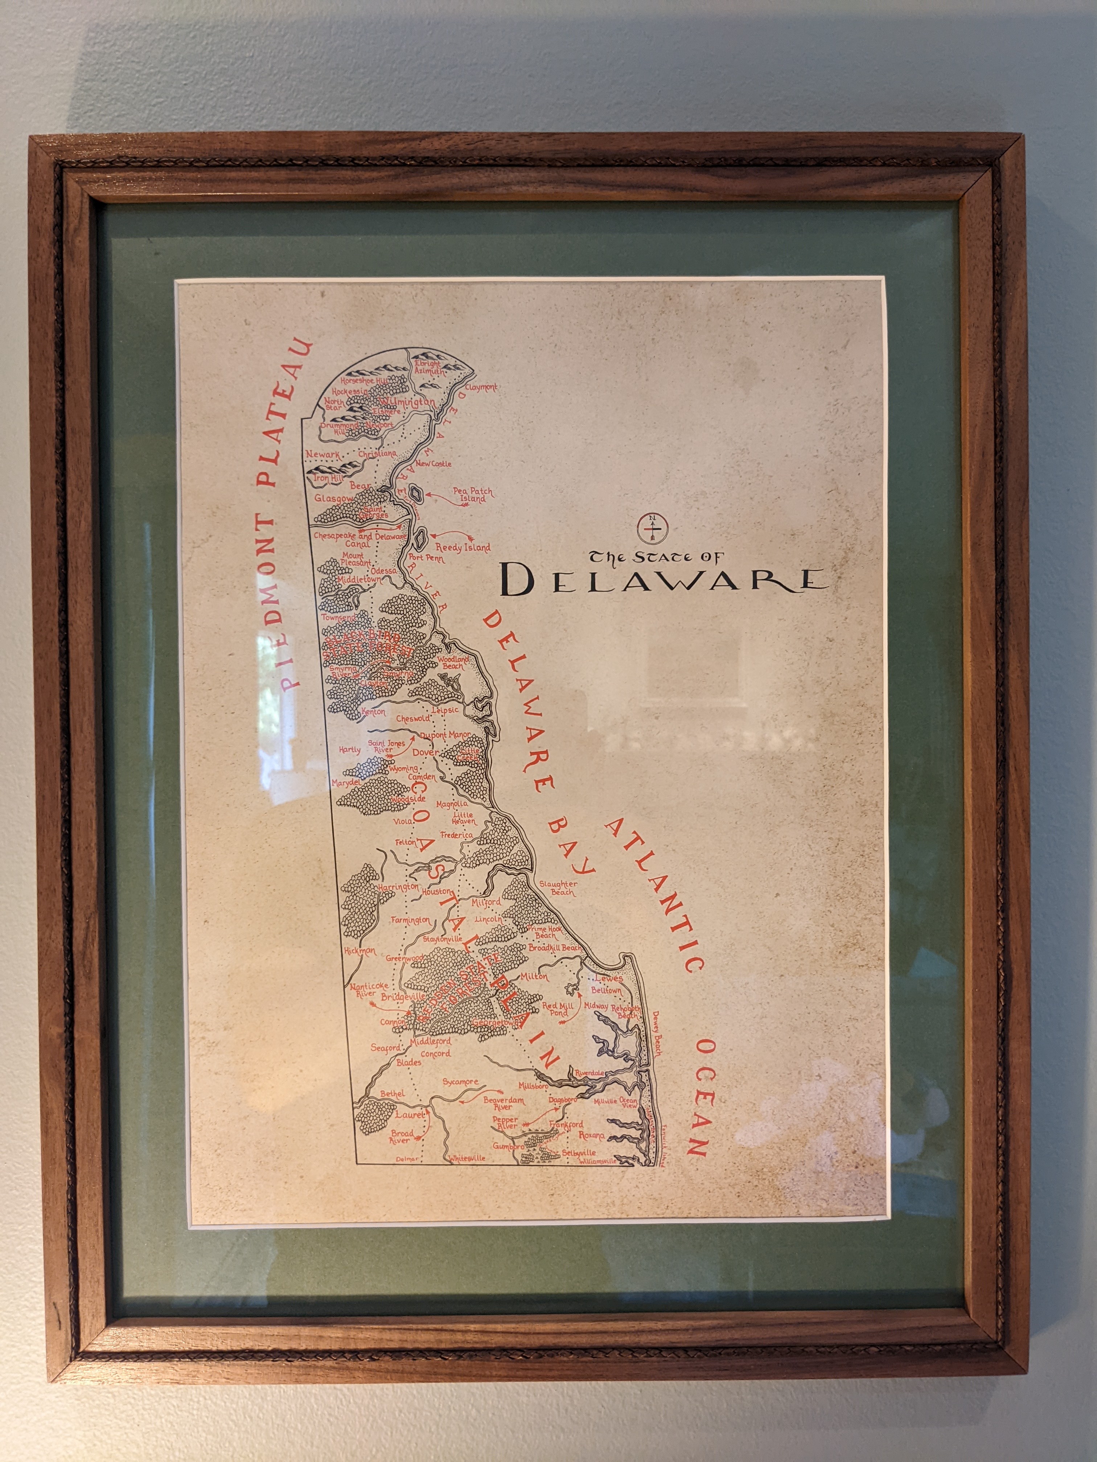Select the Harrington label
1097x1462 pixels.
tap(399, 886)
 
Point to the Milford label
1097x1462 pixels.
tap(487, 902)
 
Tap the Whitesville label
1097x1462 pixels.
tap(467, 1159)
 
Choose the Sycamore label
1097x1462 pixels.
tap(460, 1082)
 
